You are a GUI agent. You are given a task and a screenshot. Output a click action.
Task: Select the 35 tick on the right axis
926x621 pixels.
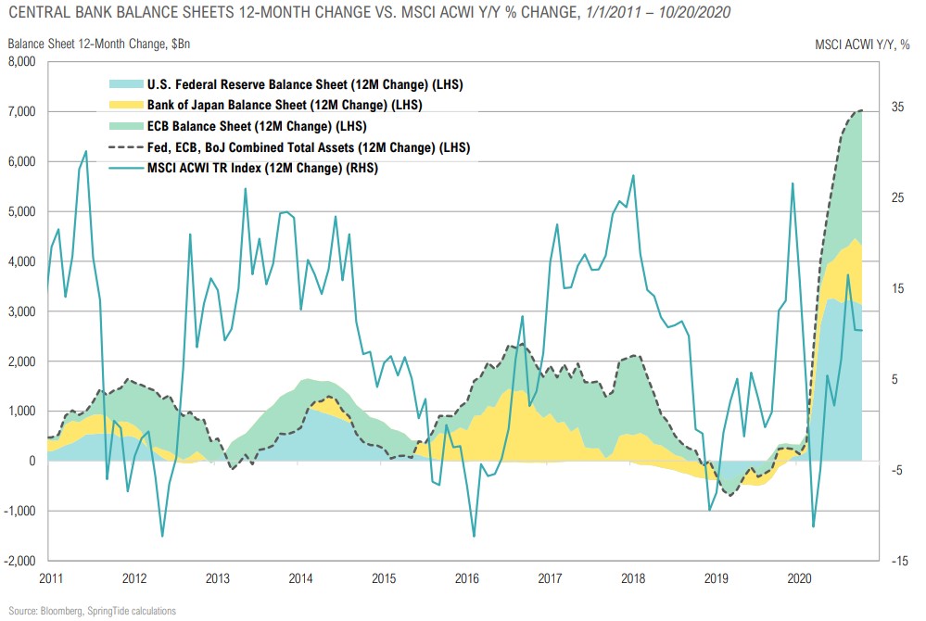pos(898,108)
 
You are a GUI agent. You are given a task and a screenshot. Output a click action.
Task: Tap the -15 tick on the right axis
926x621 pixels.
pos(897,561)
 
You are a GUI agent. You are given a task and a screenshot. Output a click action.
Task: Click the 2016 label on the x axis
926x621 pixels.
pos(467,578)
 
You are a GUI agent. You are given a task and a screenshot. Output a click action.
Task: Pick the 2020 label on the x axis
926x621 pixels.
pos(801,578)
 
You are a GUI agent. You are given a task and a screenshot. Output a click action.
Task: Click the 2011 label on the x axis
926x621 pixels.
pos(52,578)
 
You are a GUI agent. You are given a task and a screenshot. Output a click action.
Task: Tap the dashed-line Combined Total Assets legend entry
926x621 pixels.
pos(305,147)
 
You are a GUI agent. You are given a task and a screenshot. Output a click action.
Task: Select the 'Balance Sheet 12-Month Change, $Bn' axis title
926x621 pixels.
pos(99,44)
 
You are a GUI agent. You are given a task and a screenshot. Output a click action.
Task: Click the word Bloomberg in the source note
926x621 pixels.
pos(61,611)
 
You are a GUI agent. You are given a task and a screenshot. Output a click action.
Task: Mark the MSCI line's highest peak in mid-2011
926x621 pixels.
pos(86,151)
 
